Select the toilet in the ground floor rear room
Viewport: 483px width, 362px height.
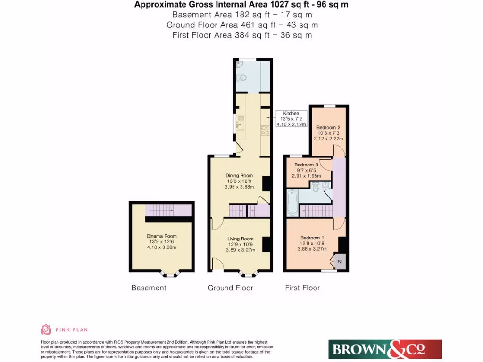point(240,75)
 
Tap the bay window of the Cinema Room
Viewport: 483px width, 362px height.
point(168,273)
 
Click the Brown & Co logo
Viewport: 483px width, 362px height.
point(385,349)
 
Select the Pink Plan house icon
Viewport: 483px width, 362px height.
point(46,329)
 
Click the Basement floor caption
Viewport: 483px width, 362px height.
point(149,288)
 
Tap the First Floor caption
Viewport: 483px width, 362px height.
point(302,288)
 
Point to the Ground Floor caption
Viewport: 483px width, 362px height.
point(230,288)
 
